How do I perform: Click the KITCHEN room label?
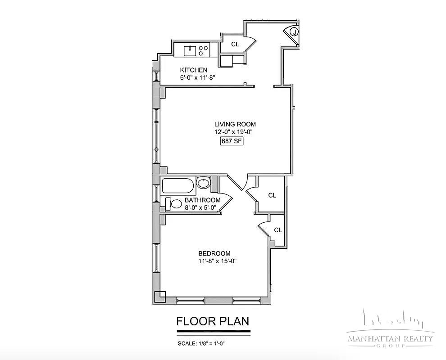point(194,70)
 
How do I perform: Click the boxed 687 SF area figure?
point(232,141)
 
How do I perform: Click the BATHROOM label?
point(202,200)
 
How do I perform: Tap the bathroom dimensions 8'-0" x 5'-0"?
point(200,207)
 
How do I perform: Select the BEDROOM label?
point(214,253)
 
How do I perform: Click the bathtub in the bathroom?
point(178,185)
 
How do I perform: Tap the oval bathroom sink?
point(203,183)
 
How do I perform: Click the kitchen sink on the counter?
point(191,51)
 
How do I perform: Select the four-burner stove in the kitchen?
point(203,51)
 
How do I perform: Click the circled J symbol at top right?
point(293,32)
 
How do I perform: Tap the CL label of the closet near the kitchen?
point(235,44)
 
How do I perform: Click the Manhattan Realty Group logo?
point(390,331)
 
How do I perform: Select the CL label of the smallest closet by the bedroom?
point(278,230)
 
